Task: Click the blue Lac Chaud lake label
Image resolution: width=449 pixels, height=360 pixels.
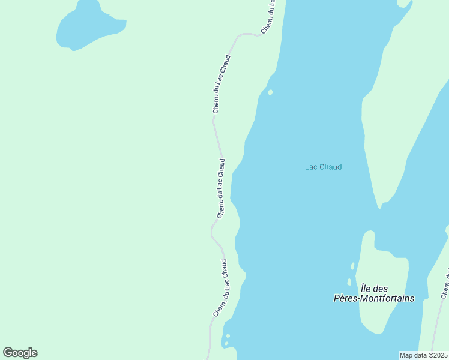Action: [x=323, y=167]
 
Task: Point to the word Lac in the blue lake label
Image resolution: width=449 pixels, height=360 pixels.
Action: [x=311, y=167]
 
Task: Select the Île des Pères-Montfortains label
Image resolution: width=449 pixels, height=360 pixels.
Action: [x=374, y=293]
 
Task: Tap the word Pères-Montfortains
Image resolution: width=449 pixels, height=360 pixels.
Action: [x=374, y=298]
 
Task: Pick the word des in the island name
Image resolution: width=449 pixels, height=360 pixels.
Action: [x=382, y=289]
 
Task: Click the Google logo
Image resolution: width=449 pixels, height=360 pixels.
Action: [x=20, y=353]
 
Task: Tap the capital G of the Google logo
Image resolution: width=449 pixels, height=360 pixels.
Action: [x=8, y=352]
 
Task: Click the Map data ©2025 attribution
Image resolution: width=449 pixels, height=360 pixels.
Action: [x=424, y=355]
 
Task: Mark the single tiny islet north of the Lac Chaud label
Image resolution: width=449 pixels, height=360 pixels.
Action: [x=270, y=92]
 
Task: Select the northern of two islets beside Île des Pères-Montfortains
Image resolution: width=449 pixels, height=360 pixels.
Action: [x=352, y=266]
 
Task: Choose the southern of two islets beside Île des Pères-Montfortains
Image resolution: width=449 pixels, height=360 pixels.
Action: [x=349, y=281]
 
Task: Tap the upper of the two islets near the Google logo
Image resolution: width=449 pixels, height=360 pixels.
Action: [x=228, y=336]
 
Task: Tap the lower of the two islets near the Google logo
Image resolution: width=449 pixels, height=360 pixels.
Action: [x=226, y=344]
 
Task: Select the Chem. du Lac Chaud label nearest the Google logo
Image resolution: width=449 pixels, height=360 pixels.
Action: [x=220, y=288]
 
